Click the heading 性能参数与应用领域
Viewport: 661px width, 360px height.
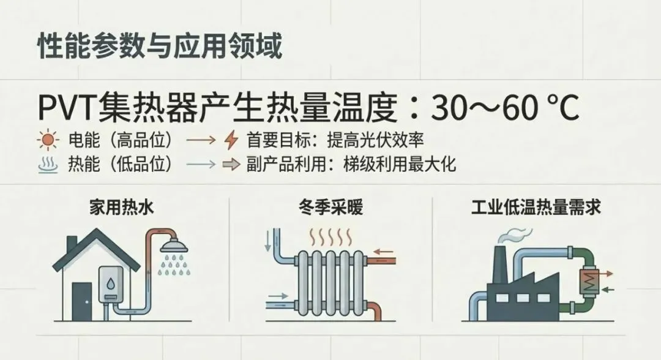coord(160,47)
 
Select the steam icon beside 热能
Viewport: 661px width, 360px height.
coord(48,165)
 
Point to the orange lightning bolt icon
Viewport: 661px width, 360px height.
coord(231,141)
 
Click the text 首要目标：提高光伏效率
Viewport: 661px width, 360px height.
coord(335,141)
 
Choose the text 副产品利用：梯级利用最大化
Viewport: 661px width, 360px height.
coord(351,165)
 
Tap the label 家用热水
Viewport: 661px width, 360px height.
coord(121,208)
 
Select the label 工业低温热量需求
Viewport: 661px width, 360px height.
coord(536,208)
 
